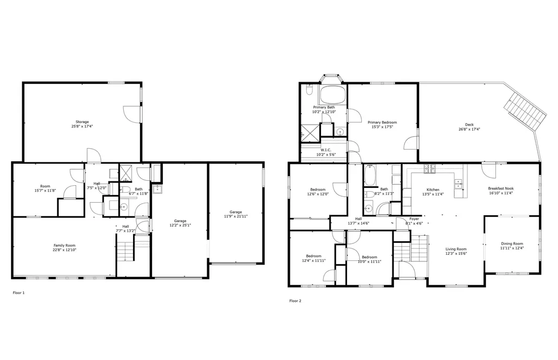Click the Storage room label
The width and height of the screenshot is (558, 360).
point(82,121)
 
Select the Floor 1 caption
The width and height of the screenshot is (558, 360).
point(19,293)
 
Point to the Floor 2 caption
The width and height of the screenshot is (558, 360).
point(295,301)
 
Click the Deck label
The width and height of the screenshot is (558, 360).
point(469,125)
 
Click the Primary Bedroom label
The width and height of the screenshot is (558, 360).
point(382,123)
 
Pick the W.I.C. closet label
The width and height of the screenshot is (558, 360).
point(326,150)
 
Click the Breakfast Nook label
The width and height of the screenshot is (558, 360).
point(500,188)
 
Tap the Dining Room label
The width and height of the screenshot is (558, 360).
point(512,243)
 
